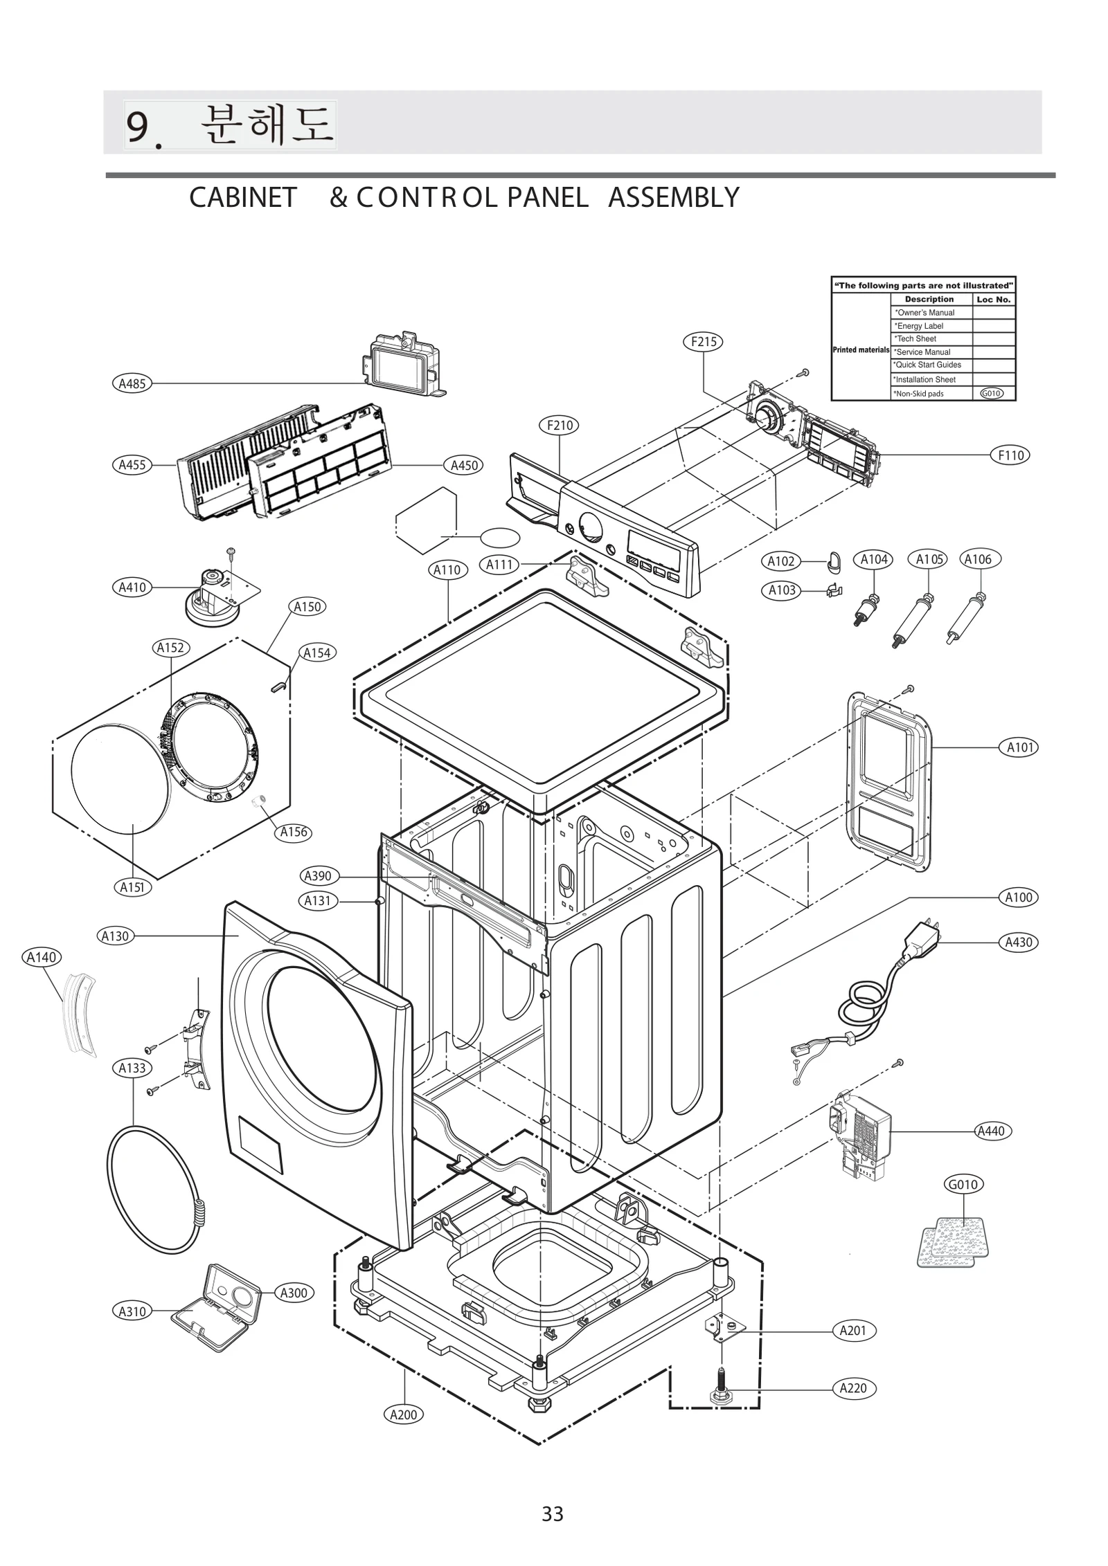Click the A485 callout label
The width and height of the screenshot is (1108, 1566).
[x=132, y=383]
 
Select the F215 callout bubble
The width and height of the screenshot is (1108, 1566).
[x=704, y=342]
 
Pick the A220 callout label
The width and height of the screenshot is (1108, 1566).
[x=852, y=1388]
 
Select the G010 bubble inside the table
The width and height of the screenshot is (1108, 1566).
[x=991, y=394]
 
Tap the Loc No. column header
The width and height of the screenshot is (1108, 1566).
[x=993, y=300]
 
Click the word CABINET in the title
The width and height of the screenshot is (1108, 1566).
[x=242, y=198]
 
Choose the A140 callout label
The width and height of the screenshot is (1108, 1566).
[x=42, y=958]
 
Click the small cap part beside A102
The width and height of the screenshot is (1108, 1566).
[x=834, y=562]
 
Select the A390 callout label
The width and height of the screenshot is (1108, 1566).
[x=319, y=876]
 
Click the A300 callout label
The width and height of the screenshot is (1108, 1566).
[x=294, y=1293]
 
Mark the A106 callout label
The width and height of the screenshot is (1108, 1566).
[x=978, y=559]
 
